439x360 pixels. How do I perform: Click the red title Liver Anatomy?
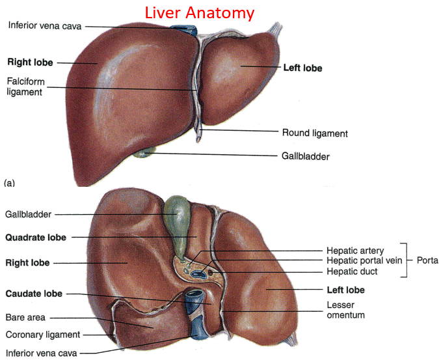pos(199,12)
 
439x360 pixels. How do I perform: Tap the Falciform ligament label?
pos(25,86)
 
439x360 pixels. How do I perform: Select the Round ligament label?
pos(315,133)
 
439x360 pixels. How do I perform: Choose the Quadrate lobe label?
pos(36,238)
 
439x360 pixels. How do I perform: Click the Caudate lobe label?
pos(34,294)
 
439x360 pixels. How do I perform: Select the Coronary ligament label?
pos(43,335)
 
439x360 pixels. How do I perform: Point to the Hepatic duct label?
pos(351,271)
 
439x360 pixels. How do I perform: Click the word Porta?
pos(426,261)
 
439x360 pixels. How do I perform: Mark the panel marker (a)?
pos(9,184)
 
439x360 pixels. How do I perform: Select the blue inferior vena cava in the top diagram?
pos(184,29)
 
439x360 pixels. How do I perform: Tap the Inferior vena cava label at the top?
pos(45,25)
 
